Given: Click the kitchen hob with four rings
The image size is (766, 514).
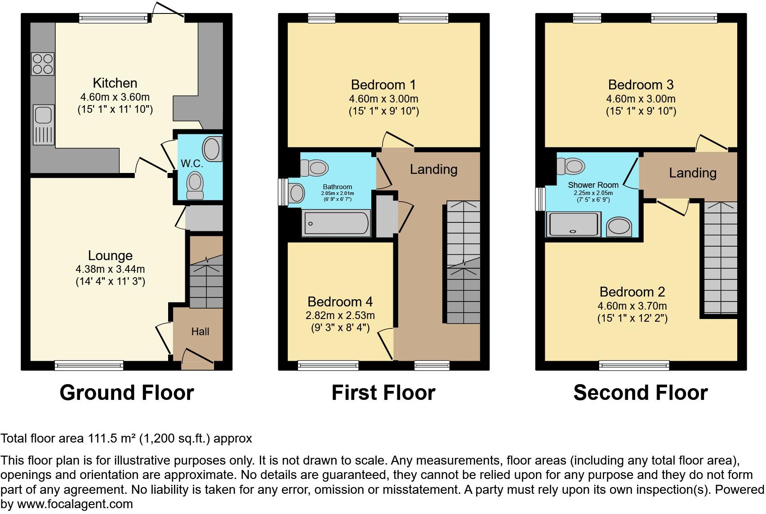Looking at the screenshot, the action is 43,64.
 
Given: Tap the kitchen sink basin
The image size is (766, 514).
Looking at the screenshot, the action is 44,114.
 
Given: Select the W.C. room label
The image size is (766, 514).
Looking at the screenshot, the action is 192,164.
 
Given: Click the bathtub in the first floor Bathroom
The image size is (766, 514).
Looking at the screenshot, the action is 336,223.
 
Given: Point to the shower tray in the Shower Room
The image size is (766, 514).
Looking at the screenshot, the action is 574,224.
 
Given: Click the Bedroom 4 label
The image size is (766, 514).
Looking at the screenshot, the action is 340,301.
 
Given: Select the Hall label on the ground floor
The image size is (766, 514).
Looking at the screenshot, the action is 200,332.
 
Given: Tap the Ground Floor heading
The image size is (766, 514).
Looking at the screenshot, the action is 127,393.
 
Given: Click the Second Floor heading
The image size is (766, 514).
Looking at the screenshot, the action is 641,393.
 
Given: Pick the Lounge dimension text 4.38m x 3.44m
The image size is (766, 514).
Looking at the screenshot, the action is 110,269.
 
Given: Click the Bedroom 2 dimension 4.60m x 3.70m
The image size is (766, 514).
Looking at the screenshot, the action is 632,306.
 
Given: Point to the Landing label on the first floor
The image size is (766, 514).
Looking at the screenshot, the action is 434,169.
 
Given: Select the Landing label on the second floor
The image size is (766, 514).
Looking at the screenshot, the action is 692,173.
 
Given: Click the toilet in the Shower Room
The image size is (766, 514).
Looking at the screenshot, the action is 571,166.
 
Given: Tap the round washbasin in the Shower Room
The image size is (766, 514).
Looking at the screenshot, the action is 619,226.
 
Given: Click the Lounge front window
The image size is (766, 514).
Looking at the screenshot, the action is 89,366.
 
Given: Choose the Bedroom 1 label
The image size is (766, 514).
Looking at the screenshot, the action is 383,85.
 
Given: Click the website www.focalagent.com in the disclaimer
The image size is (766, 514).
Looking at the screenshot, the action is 75,504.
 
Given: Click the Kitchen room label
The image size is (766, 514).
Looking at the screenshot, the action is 115,83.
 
